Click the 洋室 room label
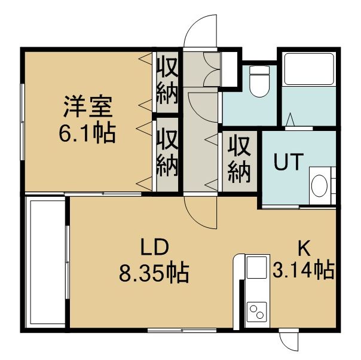point(88,106)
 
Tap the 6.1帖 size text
point(87,133)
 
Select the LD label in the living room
point(154,247)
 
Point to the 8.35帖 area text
point(154,273)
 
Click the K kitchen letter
point(304,248)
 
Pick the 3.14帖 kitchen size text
point(304,270)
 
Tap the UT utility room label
point(288,161)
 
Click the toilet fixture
point(259,81)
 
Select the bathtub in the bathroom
point(309,69)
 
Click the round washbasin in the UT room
point(319,185)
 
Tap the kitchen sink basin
point(257,267)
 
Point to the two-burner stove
point(257,312)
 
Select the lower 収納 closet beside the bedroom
point(167,153)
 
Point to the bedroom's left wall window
point(22,121)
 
